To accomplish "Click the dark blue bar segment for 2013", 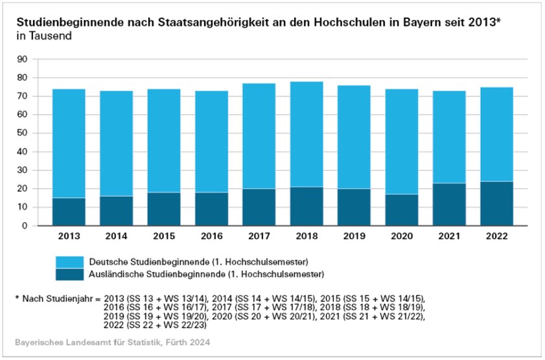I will [x=69, y=212].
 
